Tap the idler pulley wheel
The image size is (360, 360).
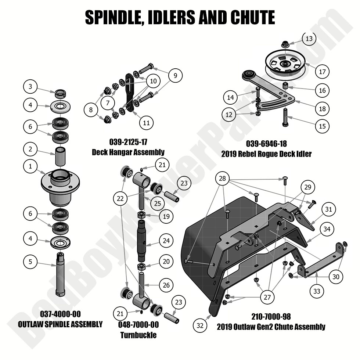[284, 64]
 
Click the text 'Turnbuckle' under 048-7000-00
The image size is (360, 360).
[138, 335]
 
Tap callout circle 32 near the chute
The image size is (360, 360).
[200, 325]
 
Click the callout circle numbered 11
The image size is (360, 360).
[146, 123]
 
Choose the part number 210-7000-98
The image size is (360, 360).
[271, 317]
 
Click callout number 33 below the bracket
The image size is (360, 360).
[317, 292]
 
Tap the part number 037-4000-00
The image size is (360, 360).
[60, 314]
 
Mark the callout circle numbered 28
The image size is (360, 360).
[223, 179]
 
